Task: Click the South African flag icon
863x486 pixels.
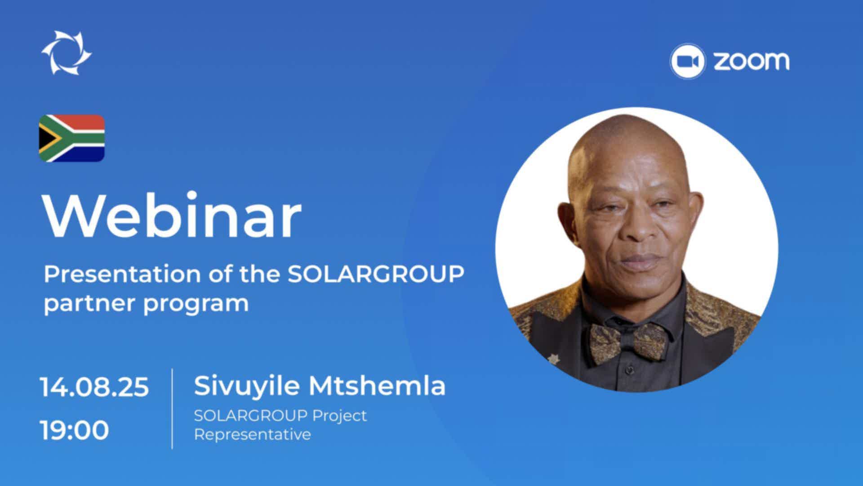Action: [x=71, y=138]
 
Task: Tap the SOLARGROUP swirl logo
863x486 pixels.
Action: [x=67, y=52]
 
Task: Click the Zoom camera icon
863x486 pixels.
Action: [x=687, y=61]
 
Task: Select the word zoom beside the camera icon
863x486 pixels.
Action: [x=752, y=61]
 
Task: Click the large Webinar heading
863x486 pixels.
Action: [x=172, y=216]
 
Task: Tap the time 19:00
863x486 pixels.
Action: [x=75, y=430]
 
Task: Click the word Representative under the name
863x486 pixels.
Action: [x=252, y=435]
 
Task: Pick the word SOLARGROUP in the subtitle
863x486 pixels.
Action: [x=376, y=274]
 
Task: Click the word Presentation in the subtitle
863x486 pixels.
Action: [x=122, y=274]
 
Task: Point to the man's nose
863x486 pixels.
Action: [x=638, y=225]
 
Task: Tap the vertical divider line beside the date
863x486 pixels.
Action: [x=172, y=409]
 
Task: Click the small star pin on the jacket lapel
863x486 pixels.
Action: [x=552, y=360]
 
